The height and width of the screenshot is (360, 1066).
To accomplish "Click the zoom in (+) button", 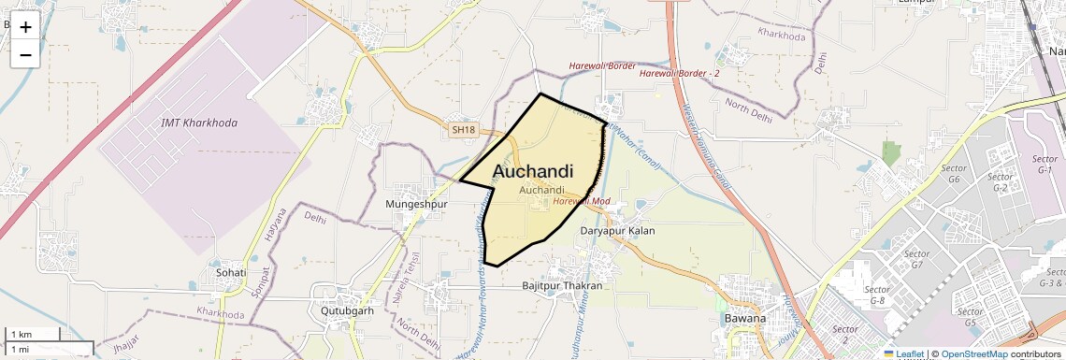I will click(25, 27).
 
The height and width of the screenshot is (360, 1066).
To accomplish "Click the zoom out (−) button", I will click(25, 55).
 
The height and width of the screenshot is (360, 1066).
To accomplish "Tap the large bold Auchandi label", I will click(533, 172).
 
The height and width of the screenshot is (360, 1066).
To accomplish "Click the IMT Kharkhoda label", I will click(199, 123).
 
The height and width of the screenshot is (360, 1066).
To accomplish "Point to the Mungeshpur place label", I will click(417, 203).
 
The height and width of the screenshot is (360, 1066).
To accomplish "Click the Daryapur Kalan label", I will click(618, 230).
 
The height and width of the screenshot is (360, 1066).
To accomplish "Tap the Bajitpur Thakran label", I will click(563, 285).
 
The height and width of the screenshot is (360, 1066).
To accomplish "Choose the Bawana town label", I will click(745, 318).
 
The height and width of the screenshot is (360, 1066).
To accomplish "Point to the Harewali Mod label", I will click(582, 201).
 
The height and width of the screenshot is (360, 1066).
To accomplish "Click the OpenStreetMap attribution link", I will click(974, 353).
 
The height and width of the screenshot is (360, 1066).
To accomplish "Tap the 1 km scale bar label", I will click(21, 335).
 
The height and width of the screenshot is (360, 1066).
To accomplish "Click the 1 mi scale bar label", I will click(20, 349).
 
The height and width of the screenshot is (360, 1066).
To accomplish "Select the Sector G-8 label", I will click(877, 295).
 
